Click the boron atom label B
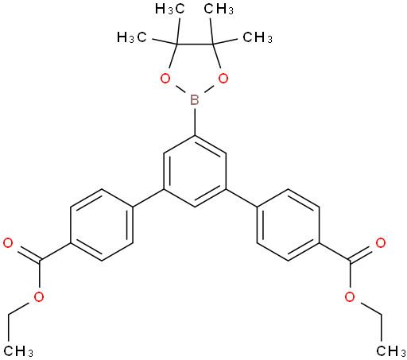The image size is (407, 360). click(195, 100)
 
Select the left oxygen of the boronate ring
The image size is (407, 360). click(165, 79)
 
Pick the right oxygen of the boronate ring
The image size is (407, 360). click(223, 79)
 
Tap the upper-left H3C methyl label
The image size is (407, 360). click(169, 10)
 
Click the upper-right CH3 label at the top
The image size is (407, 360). click(219, 10)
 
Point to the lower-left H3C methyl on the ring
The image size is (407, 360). click(132, 37)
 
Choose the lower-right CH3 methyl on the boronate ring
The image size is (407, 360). click(258, 37)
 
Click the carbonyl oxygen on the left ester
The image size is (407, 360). click(8, 243)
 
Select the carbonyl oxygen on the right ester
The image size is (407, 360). click(381, 243)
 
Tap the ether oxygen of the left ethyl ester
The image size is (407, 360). click(39, 297)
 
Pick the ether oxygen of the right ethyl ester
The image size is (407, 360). click(350, 297)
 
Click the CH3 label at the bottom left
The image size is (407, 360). click(18, 351)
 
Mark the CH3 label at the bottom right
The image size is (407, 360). click(391, 351)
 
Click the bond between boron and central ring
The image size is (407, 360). click(195, 122)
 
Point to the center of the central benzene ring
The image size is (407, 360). click(195, 172)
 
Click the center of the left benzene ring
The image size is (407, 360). click(102, 225)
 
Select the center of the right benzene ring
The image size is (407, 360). click(289, 225)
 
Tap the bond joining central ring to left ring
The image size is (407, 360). click(148, 198)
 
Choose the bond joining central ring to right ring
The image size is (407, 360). click(242, 198)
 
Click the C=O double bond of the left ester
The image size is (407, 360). click(26, 252)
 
